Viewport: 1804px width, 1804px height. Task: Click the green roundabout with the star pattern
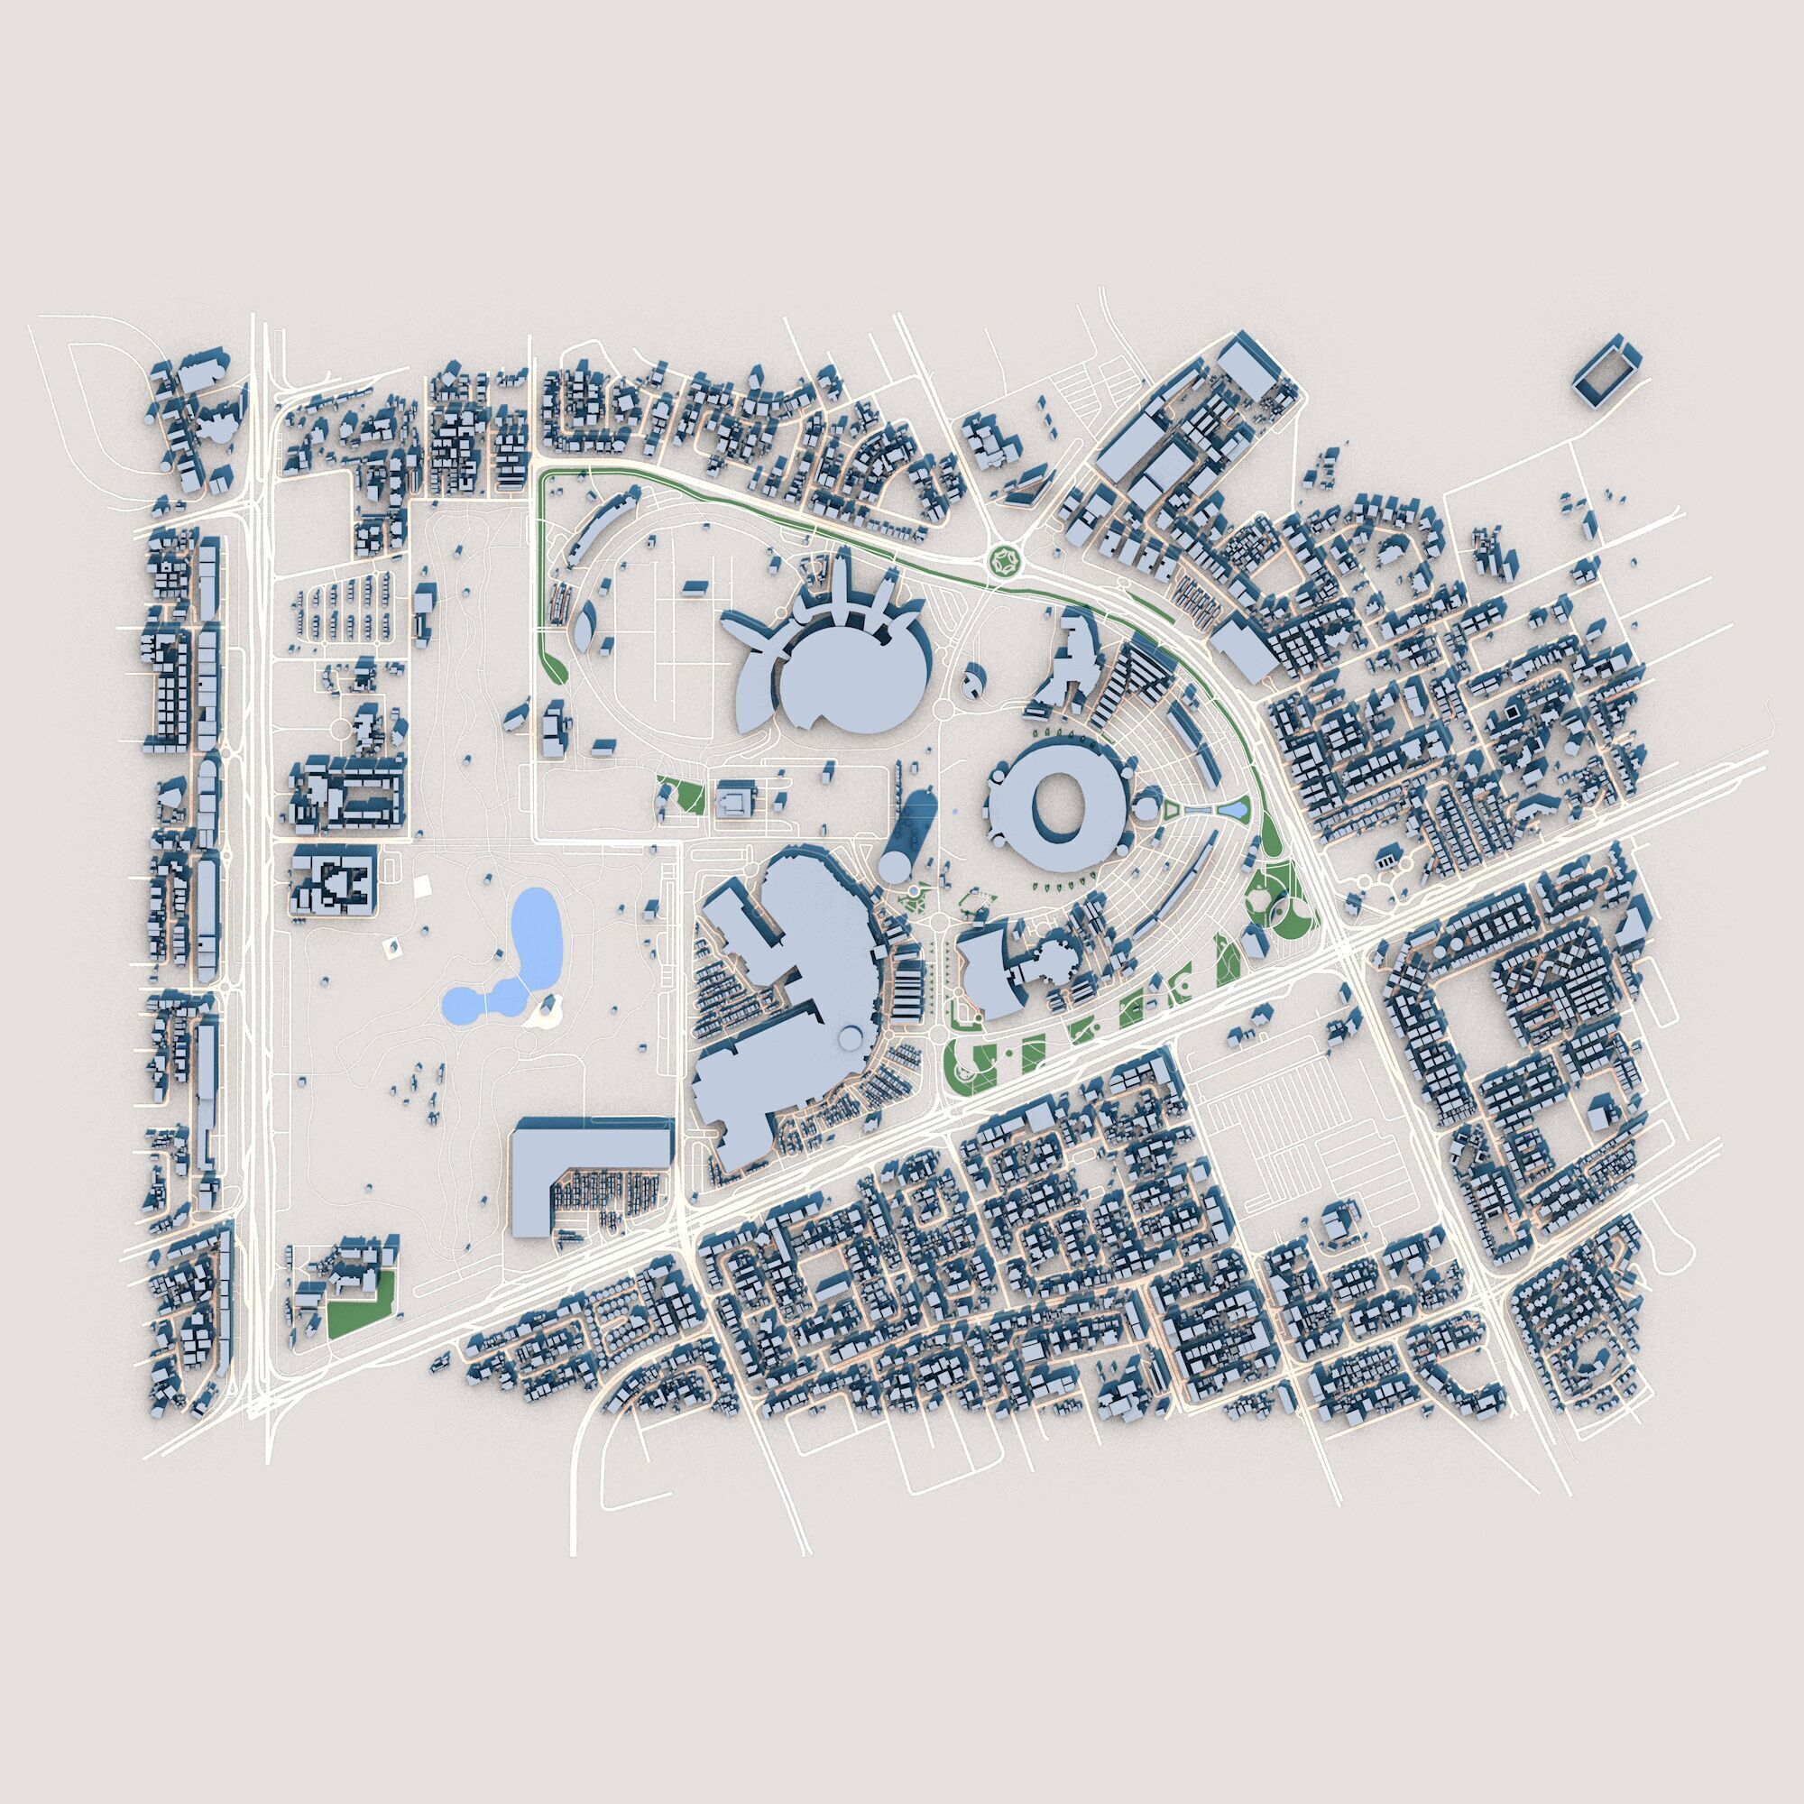coord(1006,562)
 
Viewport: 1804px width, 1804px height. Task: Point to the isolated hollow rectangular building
coord(1606,372)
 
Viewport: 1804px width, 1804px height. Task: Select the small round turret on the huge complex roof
coord(849,1036)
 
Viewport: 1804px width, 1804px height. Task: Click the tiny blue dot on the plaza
coord(953,815)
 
